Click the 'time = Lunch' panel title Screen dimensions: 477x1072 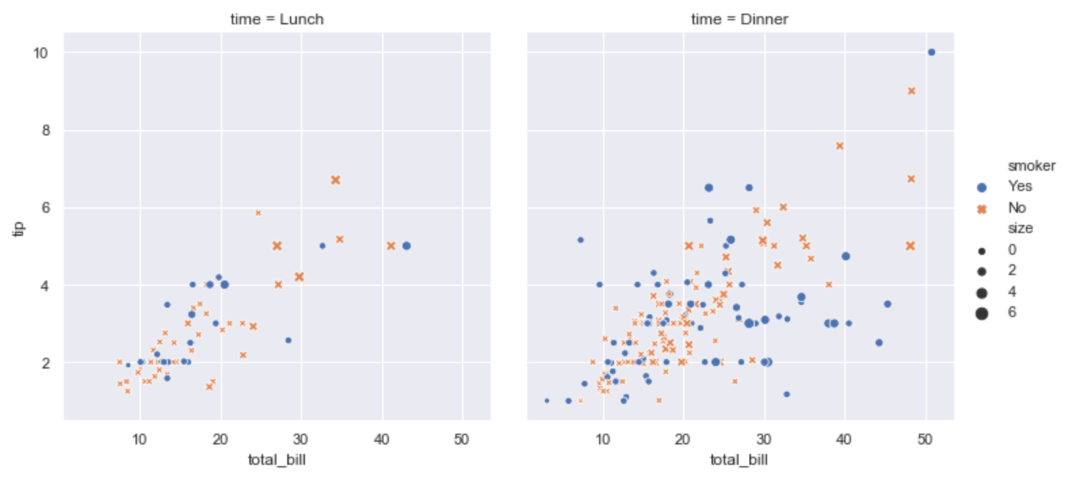[x=276, y=19]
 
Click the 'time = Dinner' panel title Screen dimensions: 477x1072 [x=739, y=19]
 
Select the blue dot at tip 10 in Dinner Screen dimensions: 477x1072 [x=931, y=52]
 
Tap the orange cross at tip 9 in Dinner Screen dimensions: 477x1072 [x=911, y=91]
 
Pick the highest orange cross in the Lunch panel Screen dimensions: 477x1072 [x=335, y=180]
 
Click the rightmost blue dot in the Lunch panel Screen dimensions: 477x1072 [x=407, y=246]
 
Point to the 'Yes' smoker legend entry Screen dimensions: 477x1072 [x=1019, y=186]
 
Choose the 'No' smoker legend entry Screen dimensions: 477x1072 [x=1016, y=207]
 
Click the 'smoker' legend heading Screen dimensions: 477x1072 [x=1031, y=166]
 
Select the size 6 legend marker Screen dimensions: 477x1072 [x=982, y=313]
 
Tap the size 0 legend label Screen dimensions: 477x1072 [x=1012, y=249]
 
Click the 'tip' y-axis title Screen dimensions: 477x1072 [x=19, y=228]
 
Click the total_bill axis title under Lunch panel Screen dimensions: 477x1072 [x=276, y=460]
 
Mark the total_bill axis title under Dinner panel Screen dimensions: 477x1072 [x=739, y=460]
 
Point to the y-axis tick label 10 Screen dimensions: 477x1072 [x=41, y=53]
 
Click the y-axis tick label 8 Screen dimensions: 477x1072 [x=45, y=130]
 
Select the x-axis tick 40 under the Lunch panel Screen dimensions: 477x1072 [x=382, y=439]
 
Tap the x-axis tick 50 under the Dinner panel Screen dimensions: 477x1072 [x=924, y=439]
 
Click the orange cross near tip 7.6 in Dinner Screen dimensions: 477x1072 [x=840, y=146]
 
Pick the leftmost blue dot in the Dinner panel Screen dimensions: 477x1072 [x=547, y=401]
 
